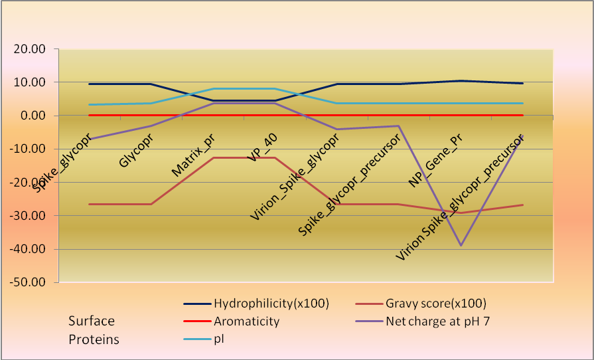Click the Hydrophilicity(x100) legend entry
(271, 304)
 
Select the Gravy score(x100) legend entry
(435, 304)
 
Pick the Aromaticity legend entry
(246, 321)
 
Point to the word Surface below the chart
(92, 321)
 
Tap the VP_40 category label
(262, 146)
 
